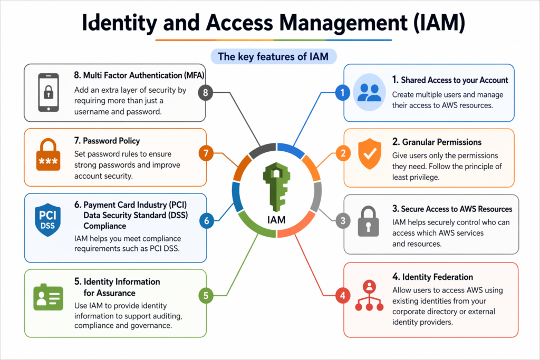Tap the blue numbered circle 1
pyautogui.click(x=342, y=93)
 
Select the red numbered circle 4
pyautogui.click(x=342, y=295)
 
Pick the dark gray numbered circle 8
pyautogui.click(x=205, y=93)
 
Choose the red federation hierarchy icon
pyautogui.click(x=369, y=298)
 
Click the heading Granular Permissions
pyautogui.click(x=437, y=142)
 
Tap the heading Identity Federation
pyautogui.click(x=432, y=277)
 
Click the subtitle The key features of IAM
pyautogui.click(x=273, y=56)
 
